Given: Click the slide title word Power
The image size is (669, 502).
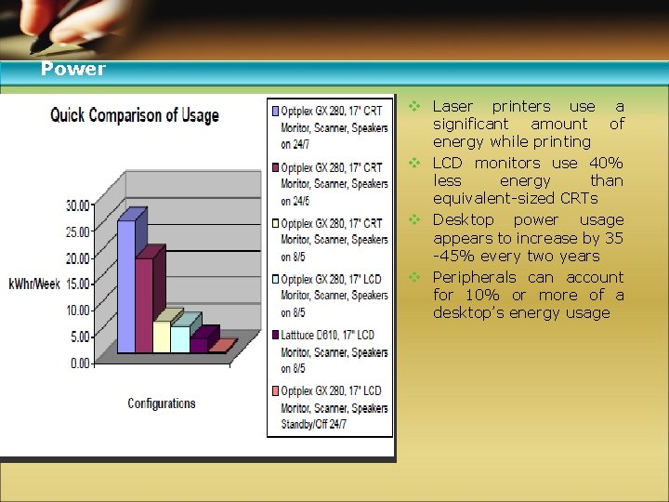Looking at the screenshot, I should point(73,70).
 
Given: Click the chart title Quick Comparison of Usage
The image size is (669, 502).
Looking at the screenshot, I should point(135,115).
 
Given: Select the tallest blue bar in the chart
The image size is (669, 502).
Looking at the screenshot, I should point(126,284).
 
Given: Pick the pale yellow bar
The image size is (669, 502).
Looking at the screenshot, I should point(162,336).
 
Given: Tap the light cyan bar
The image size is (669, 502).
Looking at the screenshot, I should point(180,338).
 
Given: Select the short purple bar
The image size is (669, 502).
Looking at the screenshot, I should point(199,344).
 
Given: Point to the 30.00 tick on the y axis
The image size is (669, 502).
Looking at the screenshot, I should point(78,205).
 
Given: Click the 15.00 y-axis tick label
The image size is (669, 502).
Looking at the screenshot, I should point(78,284).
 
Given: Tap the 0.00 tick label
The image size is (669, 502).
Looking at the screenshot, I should point(81,363).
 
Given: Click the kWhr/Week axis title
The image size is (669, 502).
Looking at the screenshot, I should point(35,283).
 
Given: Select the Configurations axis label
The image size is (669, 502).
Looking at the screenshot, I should point(162,403).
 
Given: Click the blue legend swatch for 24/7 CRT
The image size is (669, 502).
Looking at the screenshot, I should point(276,112).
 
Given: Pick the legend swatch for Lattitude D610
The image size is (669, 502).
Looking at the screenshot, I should point(276,335).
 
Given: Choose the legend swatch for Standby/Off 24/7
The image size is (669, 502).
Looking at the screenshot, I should point(276,390).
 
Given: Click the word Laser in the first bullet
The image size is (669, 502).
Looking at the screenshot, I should point(453,107).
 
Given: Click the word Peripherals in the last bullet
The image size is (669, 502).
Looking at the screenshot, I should point(477,277).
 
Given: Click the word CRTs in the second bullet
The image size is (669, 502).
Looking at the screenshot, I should point(578,198).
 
